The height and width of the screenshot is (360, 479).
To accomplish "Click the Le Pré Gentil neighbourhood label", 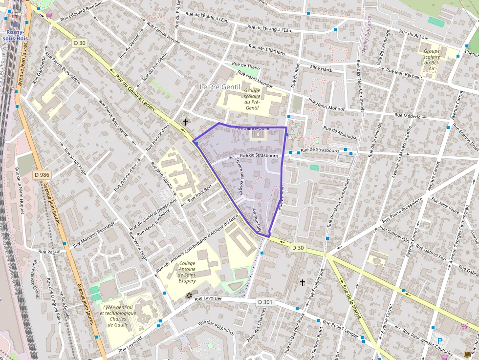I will [220, 86].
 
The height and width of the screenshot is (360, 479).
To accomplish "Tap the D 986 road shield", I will [42, 174].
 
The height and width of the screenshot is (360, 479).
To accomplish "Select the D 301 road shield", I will [264, 302].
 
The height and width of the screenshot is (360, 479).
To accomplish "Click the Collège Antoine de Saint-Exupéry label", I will [184, 272].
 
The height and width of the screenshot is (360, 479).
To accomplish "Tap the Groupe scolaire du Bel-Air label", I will [432, 60].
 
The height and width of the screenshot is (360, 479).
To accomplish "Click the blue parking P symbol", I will [439, 341].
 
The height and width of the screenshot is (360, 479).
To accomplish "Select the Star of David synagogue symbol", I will [189, 296].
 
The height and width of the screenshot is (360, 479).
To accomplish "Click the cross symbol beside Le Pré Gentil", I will [185, 122].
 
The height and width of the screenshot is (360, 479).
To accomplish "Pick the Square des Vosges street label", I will [239, 176].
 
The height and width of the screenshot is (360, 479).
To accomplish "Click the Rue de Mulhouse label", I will [340, 133].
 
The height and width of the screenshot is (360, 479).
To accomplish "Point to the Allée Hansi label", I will [321, 69].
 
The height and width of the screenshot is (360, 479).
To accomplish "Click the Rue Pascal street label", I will [49, 252].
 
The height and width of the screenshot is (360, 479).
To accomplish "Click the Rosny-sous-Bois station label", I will [17, 35].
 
